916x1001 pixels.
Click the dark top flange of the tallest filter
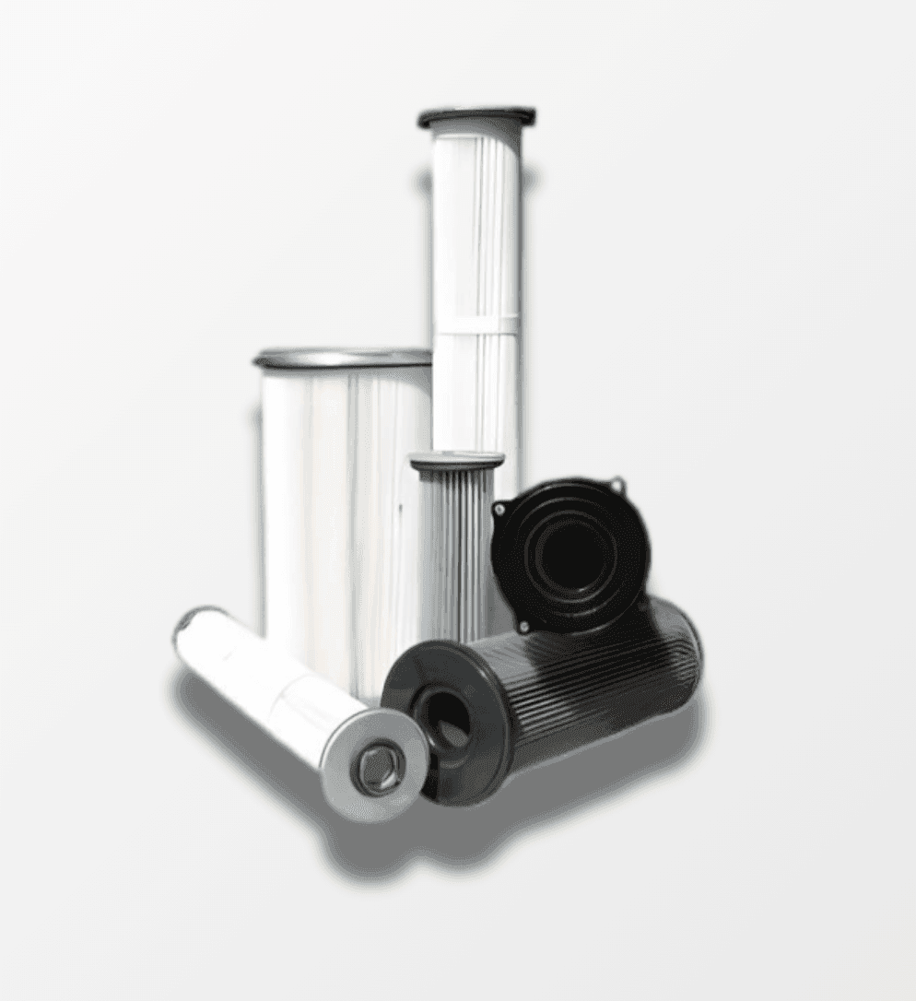[x=476, y=118]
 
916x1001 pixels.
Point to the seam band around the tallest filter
[x=476, y=324]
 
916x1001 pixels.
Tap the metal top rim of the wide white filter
[x=343, y=358]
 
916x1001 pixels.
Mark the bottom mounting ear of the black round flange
[x=524, y=626]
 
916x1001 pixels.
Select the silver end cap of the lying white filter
[x=374, y=764]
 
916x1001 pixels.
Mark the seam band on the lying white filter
[x=286, y=691]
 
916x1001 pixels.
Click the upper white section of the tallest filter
[x=476, y=221]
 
